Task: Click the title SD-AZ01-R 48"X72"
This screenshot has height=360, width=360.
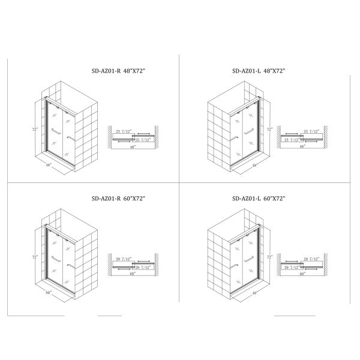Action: [x=118, y=71]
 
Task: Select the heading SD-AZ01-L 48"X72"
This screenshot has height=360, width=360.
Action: [x=259, y=71]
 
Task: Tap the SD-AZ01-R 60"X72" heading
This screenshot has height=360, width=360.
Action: [x=118, y=199]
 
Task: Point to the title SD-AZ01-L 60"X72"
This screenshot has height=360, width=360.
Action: [x=259, y=199]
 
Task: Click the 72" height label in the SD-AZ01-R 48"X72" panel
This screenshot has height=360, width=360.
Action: [x=35, y=130]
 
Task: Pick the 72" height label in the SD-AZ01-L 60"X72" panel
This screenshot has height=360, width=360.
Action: [x=270, y=257]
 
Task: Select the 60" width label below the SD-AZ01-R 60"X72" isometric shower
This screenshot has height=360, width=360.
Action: [x=49, y=293]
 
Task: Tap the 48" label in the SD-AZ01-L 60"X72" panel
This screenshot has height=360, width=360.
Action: [x=255, y=293]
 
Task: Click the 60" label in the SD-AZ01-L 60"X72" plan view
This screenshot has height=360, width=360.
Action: [x=302, y=274]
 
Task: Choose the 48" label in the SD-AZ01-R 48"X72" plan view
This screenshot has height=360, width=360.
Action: [x=133, y=147]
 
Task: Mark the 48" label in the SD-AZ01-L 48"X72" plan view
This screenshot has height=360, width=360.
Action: [x=302, y=146]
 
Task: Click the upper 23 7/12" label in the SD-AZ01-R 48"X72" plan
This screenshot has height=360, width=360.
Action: [x=124, y=131]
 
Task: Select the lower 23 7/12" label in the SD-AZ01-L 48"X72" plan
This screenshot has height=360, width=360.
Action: [x=292, y=140]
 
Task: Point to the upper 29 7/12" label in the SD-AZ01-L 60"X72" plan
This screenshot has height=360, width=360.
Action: [x=311, y=259]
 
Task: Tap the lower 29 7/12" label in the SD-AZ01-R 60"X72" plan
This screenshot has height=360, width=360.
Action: [x=143, y=268]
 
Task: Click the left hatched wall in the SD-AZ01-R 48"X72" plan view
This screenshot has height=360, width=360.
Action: [x=110, y=137]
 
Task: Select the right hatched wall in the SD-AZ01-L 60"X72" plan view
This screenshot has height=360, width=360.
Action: [x=326, y=265]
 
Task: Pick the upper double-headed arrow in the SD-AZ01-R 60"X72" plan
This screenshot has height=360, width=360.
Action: [x=144, y=261]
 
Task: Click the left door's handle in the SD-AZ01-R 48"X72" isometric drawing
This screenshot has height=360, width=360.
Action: [x=56, y=131]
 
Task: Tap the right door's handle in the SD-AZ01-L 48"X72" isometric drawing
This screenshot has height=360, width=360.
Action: [x=249, y=131]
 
